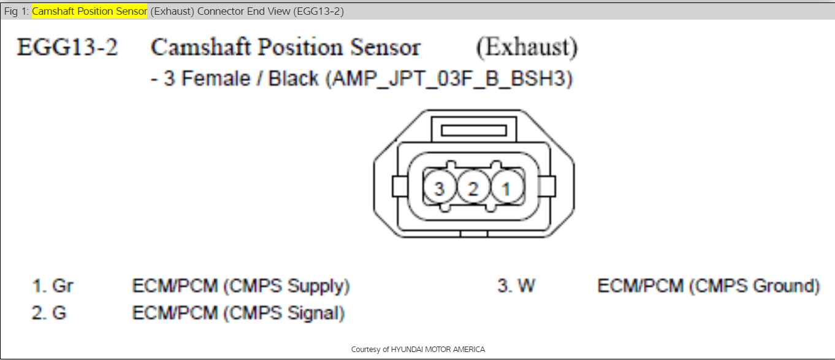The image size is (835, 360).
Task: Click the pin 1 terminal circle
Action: tap(506, 190)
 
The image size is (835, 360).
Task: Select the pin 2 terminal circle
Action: tap(473, 190)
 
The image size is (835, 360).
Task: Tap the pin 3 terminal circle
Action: tap(439, 190)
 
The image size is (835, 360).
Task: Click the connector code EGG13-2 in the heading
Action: tap(67, 48)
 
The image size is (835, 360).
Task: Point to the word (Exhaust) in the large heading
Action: tap(527, 48)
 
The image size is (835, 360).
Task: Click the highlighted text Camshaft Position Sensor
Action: tap(90, 12)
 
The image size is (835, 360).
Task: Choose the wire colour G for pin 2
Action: tap(59, 313)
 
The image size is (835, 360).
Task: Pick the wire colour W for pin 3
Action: tap(525, 286)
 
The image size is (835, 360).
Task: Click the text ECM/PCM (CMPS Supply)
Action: tap(241, 286)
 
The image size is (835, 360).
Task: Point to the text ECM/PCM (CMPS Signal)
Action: tap(238, 313)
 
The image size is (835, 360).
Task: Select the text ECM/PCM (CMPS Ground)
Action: tap(709, 286)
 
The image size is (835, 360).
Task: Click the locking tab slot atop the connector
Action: tap(474, 130)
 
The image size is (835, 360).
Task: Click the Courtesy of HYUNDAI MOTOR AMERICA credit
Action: tap(417, 350)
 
